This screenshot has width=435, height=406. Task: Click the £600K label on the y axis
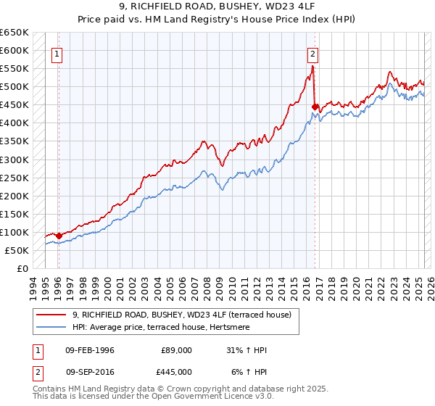(14, 51)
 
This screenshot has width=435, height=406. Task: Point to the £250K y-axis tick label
(14, 178)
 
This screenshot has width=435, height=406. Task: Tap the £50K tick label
(17, 250)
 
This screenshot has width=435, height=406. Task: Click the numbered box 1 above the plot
(57, 53)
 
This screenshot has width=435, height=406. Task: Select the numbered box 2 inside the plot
(312, 53)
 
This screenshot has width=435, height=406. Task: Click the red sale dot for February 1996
(59, 236)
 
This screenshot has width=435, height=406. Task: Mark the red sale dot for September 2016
(315, 107)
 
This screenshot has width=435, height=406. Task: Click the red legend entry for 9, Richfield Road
(181, 315)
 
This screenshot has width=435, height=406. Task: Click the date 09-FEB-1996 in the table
(90, 350)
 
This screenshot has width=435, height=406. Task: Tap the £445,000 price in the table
(177, 372)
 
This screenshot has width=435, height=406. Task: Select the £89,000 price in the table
(177, 350)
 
